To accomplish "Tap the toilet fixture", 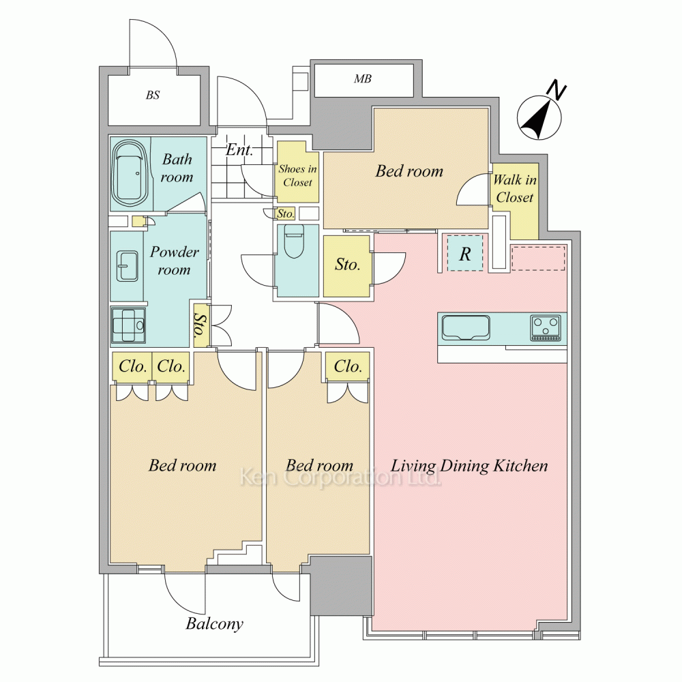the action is tap(293, 241).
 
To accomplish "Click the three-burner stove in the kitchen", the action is tap(546, 328).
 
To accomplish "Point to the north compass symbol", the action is tap(539, 117).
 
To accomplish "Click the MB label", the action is tap(363, 78).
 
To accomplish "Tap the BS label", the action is tap(153, 95).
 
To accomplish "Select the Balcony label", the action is tap(214, 624).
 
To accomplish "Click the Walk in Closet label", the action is tap(514, 188).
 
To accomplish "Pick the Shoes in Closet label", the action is tap(297, 175).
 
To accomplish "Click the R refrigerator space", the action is tap(465, 253).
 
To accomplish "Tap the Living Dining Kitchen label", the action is tap(469, 466).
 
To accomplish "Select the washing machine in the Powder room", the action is tap(128, 325).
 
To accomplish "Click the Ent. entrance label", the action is tap(239, 151).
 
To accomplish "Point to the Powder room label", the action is tap(175, 261).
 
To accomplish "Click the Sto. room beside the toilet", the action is tap(346, 266).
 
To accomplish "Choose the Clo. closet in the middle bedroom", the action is tap(348, 366).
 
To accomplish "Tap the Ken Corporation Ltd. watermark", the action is tap(340, 478).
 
